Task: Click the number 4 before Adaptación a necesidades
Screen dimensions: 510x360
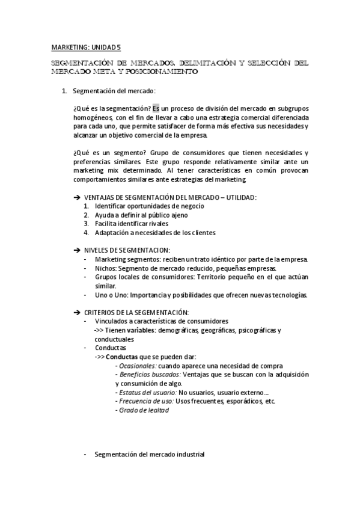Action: [87, 233]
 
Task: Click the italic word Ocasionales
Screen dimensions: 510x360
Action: [138, 366]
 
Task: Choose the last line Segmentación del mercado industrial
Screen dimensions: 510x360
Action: [149, 455]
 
